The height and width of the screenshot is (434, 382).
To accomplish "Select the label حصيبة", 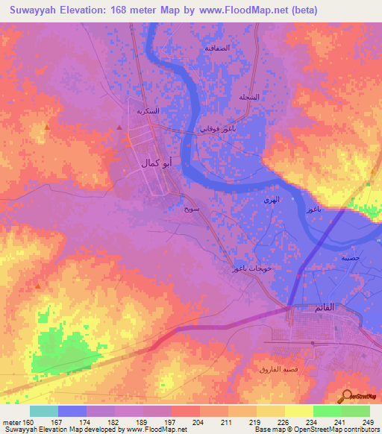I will [350, 257].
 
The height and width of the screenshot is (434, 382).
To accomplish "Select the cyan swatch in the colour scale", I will [44, 411].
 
